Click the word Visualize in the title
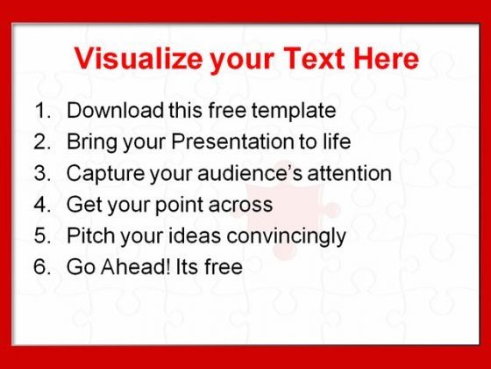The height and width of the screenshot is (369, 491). tap(139, 58)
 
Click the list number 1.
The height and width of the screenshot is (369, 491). tap(42, 111)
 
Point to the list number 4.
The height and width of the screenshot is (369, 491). tap(42, 205)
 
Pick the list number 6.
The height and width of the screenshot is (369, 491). tap(42, 267)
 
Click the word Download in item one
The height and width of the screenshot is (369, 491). tap(115, 110)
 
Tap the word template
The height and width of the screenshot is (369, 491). tap(294, 112)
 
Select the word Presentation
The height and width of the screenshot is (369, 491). tap(232, 141)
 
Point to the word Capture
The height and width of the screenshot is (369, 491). tap(105, 175)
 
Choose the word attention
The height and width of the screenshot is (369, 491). tap(350, 173)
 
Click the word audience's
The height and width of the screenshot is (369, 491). tap(250, 173)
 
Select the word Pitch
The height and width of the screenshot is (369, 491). tap(91, 235)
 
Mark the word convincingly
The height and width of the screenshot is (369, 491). tap(286, 237)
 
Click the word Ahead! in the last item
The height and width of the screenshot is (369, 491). tap(136, 267)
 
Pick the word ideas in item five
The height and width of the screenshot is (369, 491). tap(195, 235)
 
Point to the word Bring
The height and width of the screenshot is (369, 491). tap(92, 142)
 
